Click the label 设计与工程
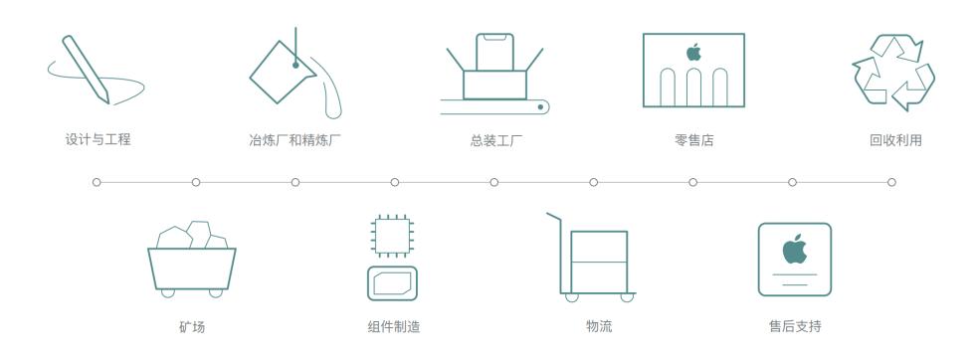tap(97, 139)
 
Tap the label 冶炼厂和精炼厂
tap(295, 139)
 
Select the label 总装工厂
tap(494, 139)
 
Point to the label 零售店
tap(692, 139)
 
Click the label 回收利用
tap(891, 139)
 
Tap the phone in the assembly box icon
tap(494, 52)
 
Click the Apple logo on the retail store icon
tap(693, 50)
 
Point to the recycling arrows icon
tap(891, 72)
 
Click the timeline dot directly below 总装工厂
tap(494, 182)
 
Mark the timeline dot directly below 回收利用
tap(891, 182)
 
